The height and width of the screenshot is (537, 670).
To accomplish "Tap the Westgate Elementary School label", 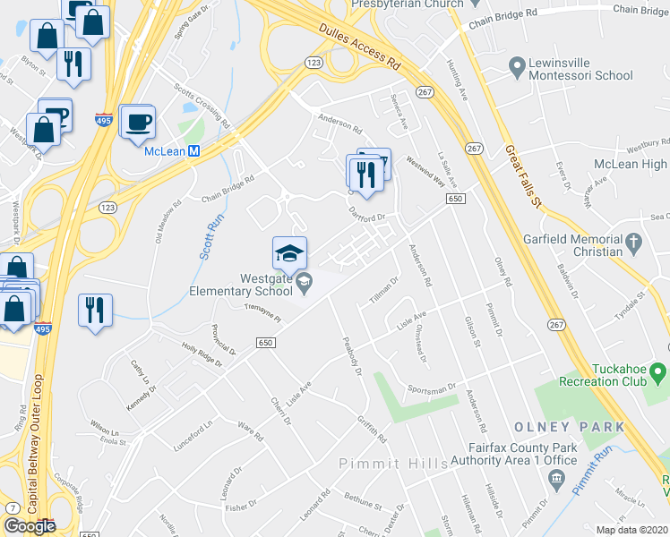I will coord(241,284).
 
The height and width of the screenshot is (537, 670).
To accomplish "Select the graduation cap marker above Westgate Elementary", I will coord(289,252).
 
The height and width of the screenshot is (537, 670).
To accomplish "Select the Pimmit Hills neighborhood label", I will coord(381,463).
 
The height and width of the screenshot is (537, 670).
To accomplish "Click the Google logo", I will coord(30,526).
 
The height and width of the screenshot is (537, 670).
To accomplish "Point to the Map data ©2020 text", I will coord(631,530).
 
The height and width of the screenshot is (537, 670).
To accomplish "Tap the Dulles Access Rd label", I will coord(358,47).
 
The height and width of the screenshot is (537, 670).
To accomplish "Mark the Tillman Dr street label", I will coord(382,288).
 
